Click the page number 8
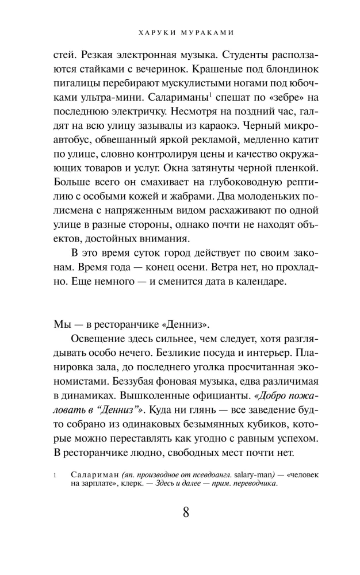(186, 512)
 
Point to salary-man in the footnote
(243, 475)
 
